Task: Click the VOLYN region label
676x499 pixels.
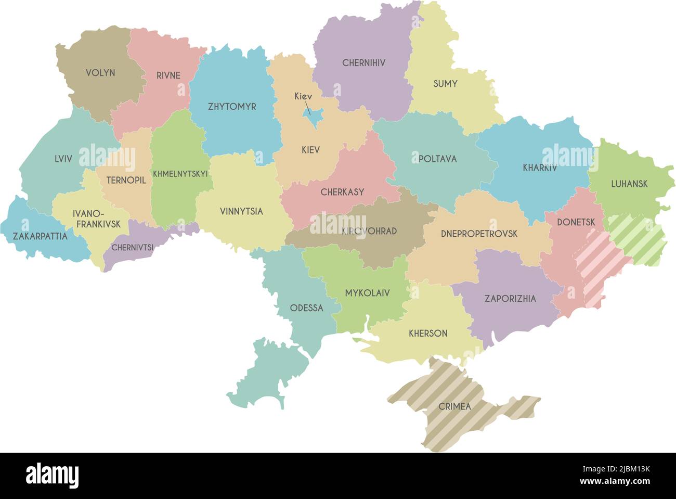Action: [100, 73]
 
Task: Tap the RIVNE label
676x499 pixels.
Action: [168, 75]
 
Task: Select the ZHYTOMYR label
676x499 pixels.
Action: [232, 107]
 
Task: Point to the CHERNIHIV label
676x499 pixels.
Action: [364, 63]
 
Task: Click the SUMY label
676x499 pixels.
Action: [445, 83]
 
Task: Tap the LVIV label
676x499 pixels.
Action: [63, 159]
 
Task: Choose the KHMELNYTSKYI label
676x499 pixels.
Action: [180, 174]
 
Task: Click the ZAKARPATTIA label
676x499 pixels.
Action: [40, 236]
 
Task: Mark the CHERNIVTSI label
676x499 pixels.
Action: [133, 248]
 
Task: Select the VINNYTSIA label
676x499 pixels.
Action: [241, 211]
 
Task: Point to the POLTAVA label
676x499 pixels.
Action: [437, 159]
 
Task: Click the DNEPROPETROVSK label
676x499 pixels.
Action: [479, 234]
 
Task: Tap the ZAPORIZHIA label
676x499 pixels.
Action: [510, 299]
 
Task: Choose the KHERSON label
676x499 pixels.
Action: [428, 333]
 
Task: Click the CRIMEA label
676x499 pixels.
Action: [454, 406]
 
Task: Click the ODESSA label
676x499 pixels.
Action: [306, 308]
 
